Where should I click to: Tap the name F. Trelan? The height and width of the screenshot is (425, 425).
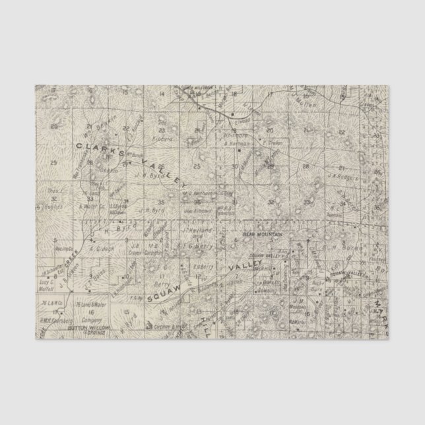pyautogui.click(x=273, y=141)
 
